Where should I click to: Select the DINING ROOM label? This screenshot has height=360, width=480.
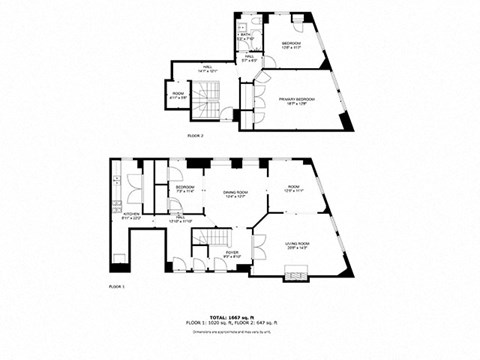[236, 194]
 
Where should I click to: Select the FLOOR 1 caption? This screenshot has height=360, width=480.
[118, 286]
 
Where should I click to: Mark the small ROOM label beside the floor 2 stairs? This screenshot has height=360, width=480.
[178, 95]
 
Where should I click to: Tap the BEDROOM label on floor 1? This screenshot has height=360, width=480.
[185, 188]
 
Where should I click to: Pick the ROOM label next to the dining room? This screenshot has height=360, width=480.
[292, 188]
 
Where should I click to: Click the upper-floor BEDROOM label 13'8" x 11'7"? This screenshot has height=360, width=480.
[290, 44]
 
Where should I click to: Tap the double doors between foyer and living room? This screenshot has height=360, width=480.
[259, 246]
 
